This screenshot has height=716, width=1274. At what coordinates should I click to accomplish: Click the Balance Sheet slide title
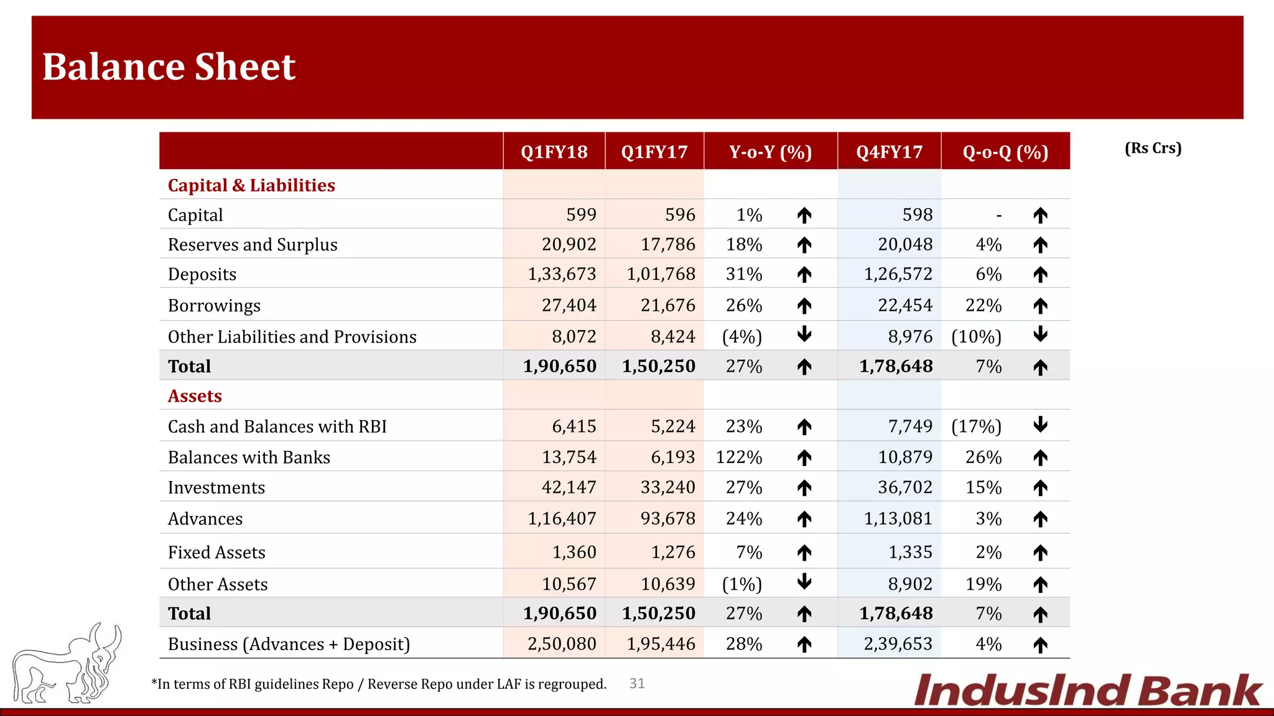(x=169, y=67)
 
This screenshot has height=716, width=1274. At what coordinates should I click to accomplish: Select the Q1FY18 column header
(x=554, y=152)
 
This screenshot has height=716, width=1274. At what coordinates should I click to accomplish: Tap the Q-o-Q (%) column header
(x=1005, y=152)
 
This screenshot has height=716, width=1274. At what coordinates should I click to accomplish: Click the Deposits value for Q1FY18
(x=562, y=274)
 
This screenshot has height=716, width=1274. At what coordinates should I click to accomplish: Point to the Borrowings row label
(x=214, y=306)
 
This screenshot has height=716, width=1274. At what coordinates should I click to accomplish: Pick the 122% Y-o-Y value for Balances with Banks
(x=738, y=457)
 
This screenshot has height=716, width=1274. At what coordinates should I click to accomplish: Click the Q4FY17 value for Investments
(x=904, y=487)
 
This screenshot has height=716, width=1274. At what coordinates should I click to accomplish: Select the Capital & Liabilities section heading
(x=251, y=185)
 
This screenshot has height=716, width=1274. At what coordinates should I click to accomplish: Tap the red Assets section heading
(x=195, y=396)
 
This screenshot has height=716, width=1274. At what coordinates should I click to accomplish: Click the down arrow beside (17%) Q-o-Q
(x=1040, y=425)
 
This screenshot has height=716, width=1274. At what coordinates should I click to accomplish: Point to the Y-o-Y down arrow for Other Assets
(x=804, y=582)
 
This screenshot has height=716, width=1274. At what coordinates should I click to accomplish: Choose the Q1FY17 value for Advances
(x=667, y=518)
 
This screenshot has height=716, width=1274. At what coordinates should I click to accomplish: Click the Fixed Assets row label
(x=216, y=553)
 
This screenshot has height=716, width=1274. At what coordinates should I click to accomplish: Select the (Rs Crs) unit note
(x=1153, y=148)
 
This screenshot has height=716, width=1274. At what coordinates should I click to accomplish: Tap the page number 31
(x=637, y=684)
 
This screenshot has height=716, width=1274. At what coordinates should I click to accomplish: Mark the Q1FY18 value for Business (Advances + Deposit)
(x=562, y=644)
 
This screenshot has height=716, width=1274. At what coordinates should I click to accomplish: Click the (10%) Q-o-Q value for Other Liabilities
(x=976, y=337)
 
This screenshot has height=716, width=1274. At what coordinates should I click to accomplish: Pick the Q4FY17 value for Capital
(x=917, y=215)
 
